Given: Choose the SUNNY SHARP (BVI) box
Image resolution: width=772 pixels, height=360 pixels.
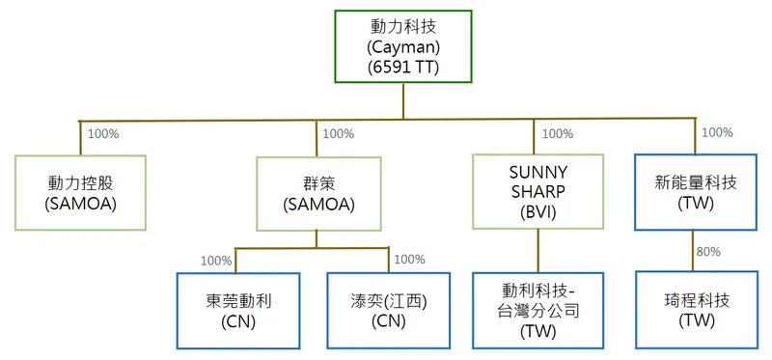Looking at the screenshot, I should pyautogui.click(x=538, y=191).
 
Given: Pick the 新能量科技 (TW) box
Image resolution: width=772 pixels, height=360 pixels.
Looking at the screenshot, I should pyautogui.click(x=694, y=191).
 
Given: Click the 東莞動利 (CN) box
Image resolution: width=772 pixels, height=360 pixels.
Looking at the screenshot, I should pyautogui.click(x=238, y=310).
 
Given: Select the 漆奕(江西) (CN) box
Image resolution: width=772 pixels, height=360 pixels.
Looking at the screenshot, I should pyautogui.click(x=389, y=310).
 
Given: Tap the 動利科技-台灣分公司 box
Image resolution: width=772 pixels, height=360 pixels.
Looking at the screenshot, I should pyautogui.click(x=538, y=310).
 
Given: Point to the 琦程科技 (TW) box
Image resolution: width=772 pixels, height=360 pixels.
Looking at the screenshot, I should pyautogui.click(x=694, y=310).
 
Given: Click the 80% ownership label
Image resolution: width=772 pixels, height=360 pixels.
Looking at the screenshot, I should pyautogui.click(x=708, y=251).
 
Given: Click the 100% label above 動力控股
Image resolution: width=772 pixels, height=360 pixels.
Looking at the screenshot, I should pyautogui.click(x=102, y=134).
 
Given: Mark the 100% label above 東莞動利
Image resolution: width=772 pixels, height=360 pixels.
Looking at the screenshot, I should pyautogui.click(x=215, y=260).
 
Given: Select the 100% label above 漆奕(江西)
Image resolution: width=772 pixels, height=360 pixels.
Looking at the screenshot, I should pyautogui.click(x=409, y=259).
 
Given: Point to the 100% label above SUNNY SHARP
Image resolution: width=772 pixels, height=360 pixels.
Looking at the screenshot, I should pyautogui.click(x=558, y=134).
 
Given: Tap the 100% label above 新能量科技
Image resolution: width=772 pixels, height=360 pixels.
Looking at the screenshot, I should pyautogui.click(x=716, y=132).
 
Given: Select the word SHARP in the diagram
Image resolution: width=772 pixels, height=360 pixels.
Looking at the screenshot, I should pyautogui.click(x=538, y=191).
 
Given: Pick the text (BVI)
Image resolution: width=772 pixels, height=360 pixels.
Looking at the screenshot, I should pyautogui.click(x=538, y=211).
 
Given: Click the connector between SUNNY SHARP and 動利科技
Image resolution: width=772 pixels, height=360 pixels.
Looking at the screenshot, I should pyautogui.click(x=538, y=250).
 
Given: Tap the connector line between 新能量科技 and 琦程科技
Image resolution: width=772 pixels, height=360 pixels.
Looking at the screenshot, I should pyautogui.click(x=693, y=251).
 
